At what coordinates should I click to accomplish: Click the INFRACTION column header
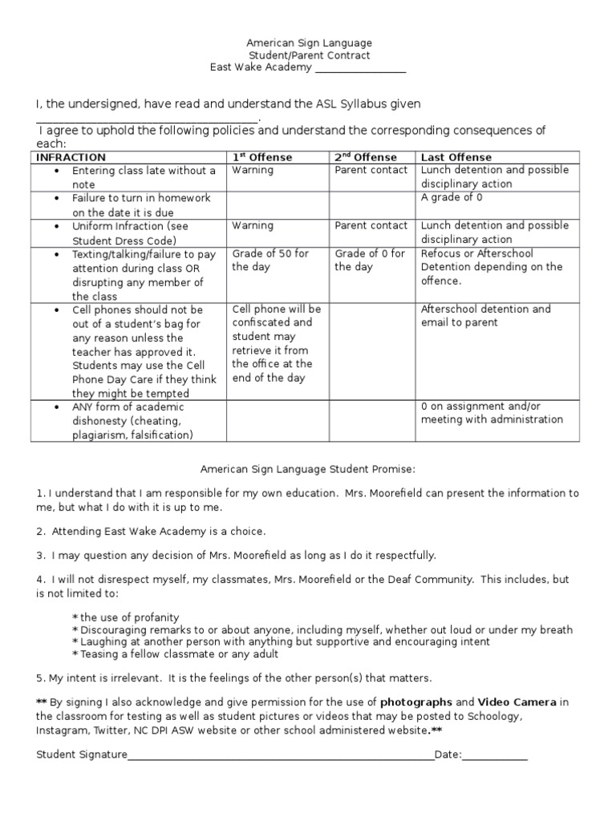pos(71,157)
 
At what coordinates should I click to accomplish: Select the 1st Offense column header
pos(262,157)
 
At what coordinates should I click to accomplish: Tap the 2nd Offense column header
pos(365,157)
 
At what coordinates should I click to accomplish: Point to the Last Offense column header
pos(456,157)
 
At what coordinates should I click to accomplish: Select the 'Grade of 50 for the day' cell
pos(270,260)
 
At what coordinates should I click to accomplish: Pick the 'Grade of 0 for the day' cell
pos(370,260)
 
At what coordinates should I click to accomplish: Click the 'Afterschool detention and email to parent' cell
pos(485,315)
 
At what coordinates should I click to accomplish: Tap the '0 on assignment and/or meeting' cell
pos(492,412)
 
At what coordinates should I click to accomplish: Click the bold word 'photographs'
pos(416,702)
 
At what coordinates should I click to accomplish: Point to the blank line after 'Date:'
pos(495,756)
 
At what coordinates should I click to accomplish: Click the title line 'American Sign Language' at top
pos(308,42)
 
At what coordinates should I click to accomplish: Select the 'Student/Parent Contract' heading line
pos(308,55)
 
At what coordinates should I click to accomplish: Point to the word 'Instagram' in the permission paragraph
pos(60,731)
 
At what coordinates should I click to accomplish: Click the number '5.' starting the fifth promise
pos(41,677)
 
